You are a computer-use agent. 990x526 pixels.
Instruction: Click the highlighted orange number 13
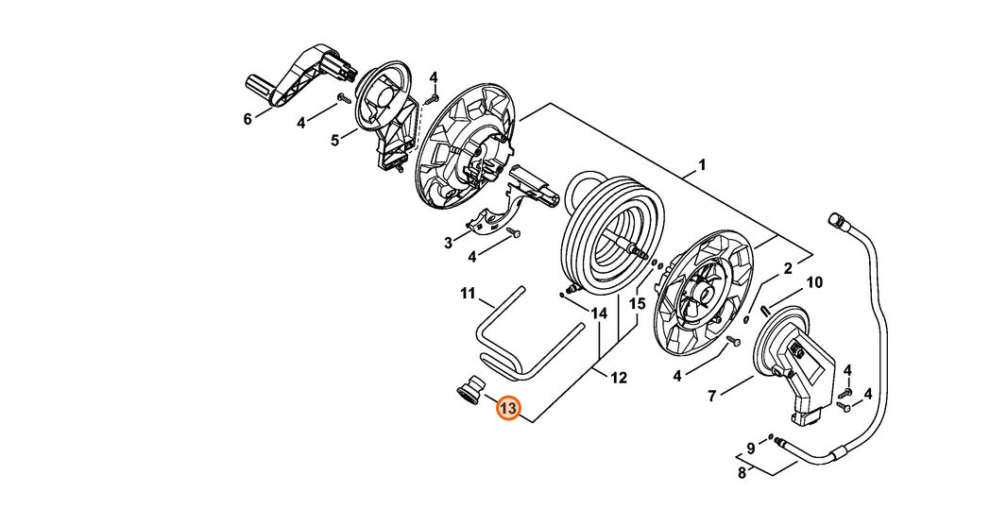[x=508, y=409]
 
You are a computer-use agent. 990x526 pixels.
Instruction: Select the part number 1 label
[x=702, y=165]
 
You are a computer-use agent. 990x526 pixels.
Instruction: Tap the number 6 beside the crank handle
[x=247, y=118]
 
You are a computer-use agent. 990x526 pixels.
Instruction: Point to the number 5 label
[x=334, y=140]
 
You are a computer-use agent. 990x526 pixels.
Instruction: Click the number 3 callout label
[x=448, y=243]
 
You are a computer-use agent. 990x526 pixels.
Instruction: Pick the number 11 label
[x=468, y=293]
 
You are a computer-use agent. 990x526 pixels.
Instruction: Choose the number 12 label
[x=619, y=378]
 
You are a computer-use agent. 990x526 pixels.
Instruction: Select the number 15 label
[x=638, y=304]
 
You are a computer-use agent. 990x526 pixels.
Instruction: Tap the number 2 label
[x=787, y=268]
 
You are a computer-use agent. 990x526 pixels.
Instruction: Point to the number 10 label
[x=814, y=282]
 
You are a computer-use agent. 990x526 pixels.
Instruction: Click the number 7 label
[x=711, y=396]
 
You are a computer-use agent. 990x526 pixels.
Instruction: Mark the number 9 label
[x=751, y=449]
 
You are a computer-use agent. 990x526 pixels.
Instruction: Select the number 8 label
[x=742, y=472]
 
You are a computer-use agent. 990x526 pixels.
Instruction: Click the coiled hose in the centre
[x=612, y=233]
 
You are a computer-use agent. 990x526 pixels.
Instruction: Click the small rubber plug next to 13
[x=469, y=390]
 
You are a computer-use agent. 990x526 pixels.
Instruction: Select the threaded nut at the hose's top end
[x=837, y=220]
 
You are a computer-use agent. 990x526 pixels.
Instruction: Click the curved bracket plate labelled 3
[x=498, y=215]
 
